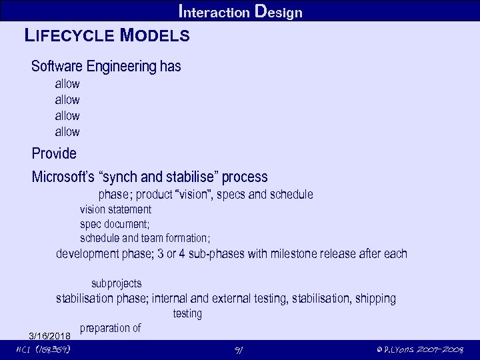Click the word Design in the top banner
coord(279,11)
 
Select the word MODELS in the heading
coord(155,36)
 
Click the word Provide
coord(54,153)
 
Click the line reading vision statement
coord(115,209)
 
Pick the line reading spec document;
coord(115,224)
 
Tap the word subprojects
coord(116,284)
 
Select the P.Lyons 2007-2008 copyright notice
coord(419,351)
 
